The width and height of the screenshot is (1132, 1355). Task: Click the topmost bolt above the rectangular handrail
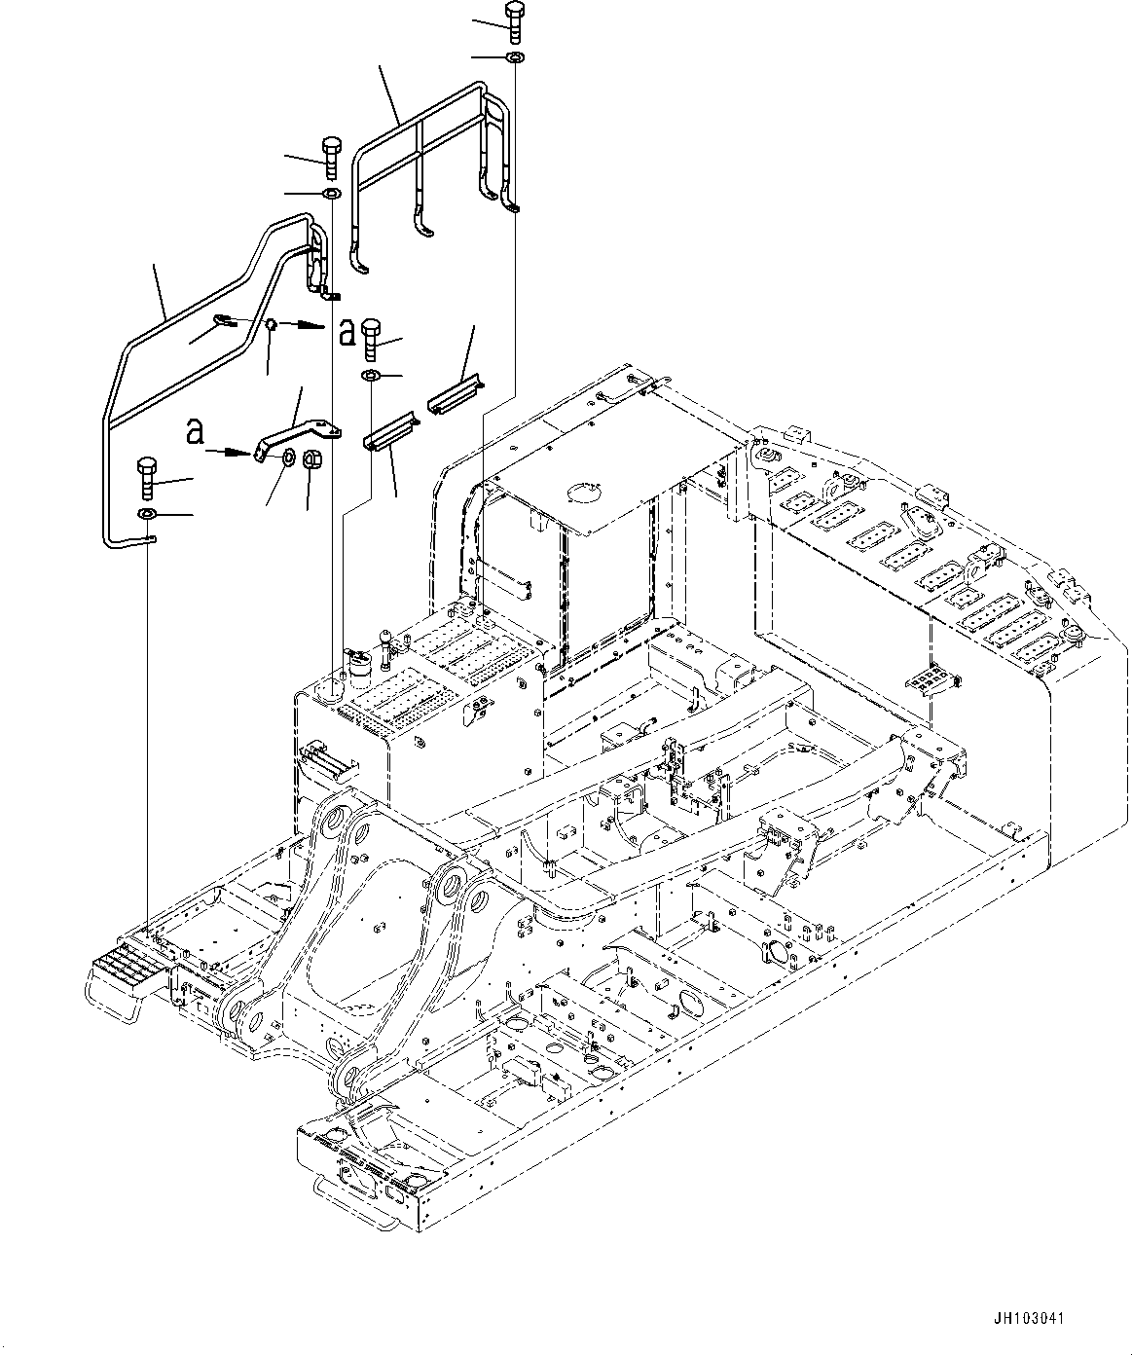pyautogui.click(x=514, y=20)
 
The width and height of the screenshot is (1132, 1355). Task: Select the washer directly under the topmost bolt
pyautogui.click(x=513, y=59)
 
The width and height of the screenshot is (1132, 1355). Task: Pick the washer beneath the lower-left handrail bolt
pyautogui.click(x=147, y=513)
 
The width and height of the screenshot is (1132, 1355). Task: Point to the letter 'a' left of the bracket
pyautogui.click(x=195, y=431)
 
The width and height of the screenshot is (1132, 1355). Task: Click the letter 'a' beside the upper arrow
pyautogui.click(x=347, y=333)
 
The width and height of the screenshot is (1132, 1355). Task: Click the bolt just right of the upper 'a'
pyautogui.click(x=372, y=337)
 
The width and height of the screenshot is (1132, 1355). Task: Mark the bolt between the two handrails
pyautogui.click(x=329, y=157)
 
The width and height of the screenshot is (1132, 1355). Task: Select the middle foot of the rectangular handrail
pyautogui.click(x=420, y=220)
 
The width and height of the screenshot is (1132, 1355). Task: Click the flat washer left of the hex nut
pyautogui.click(x=289, y=458)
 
